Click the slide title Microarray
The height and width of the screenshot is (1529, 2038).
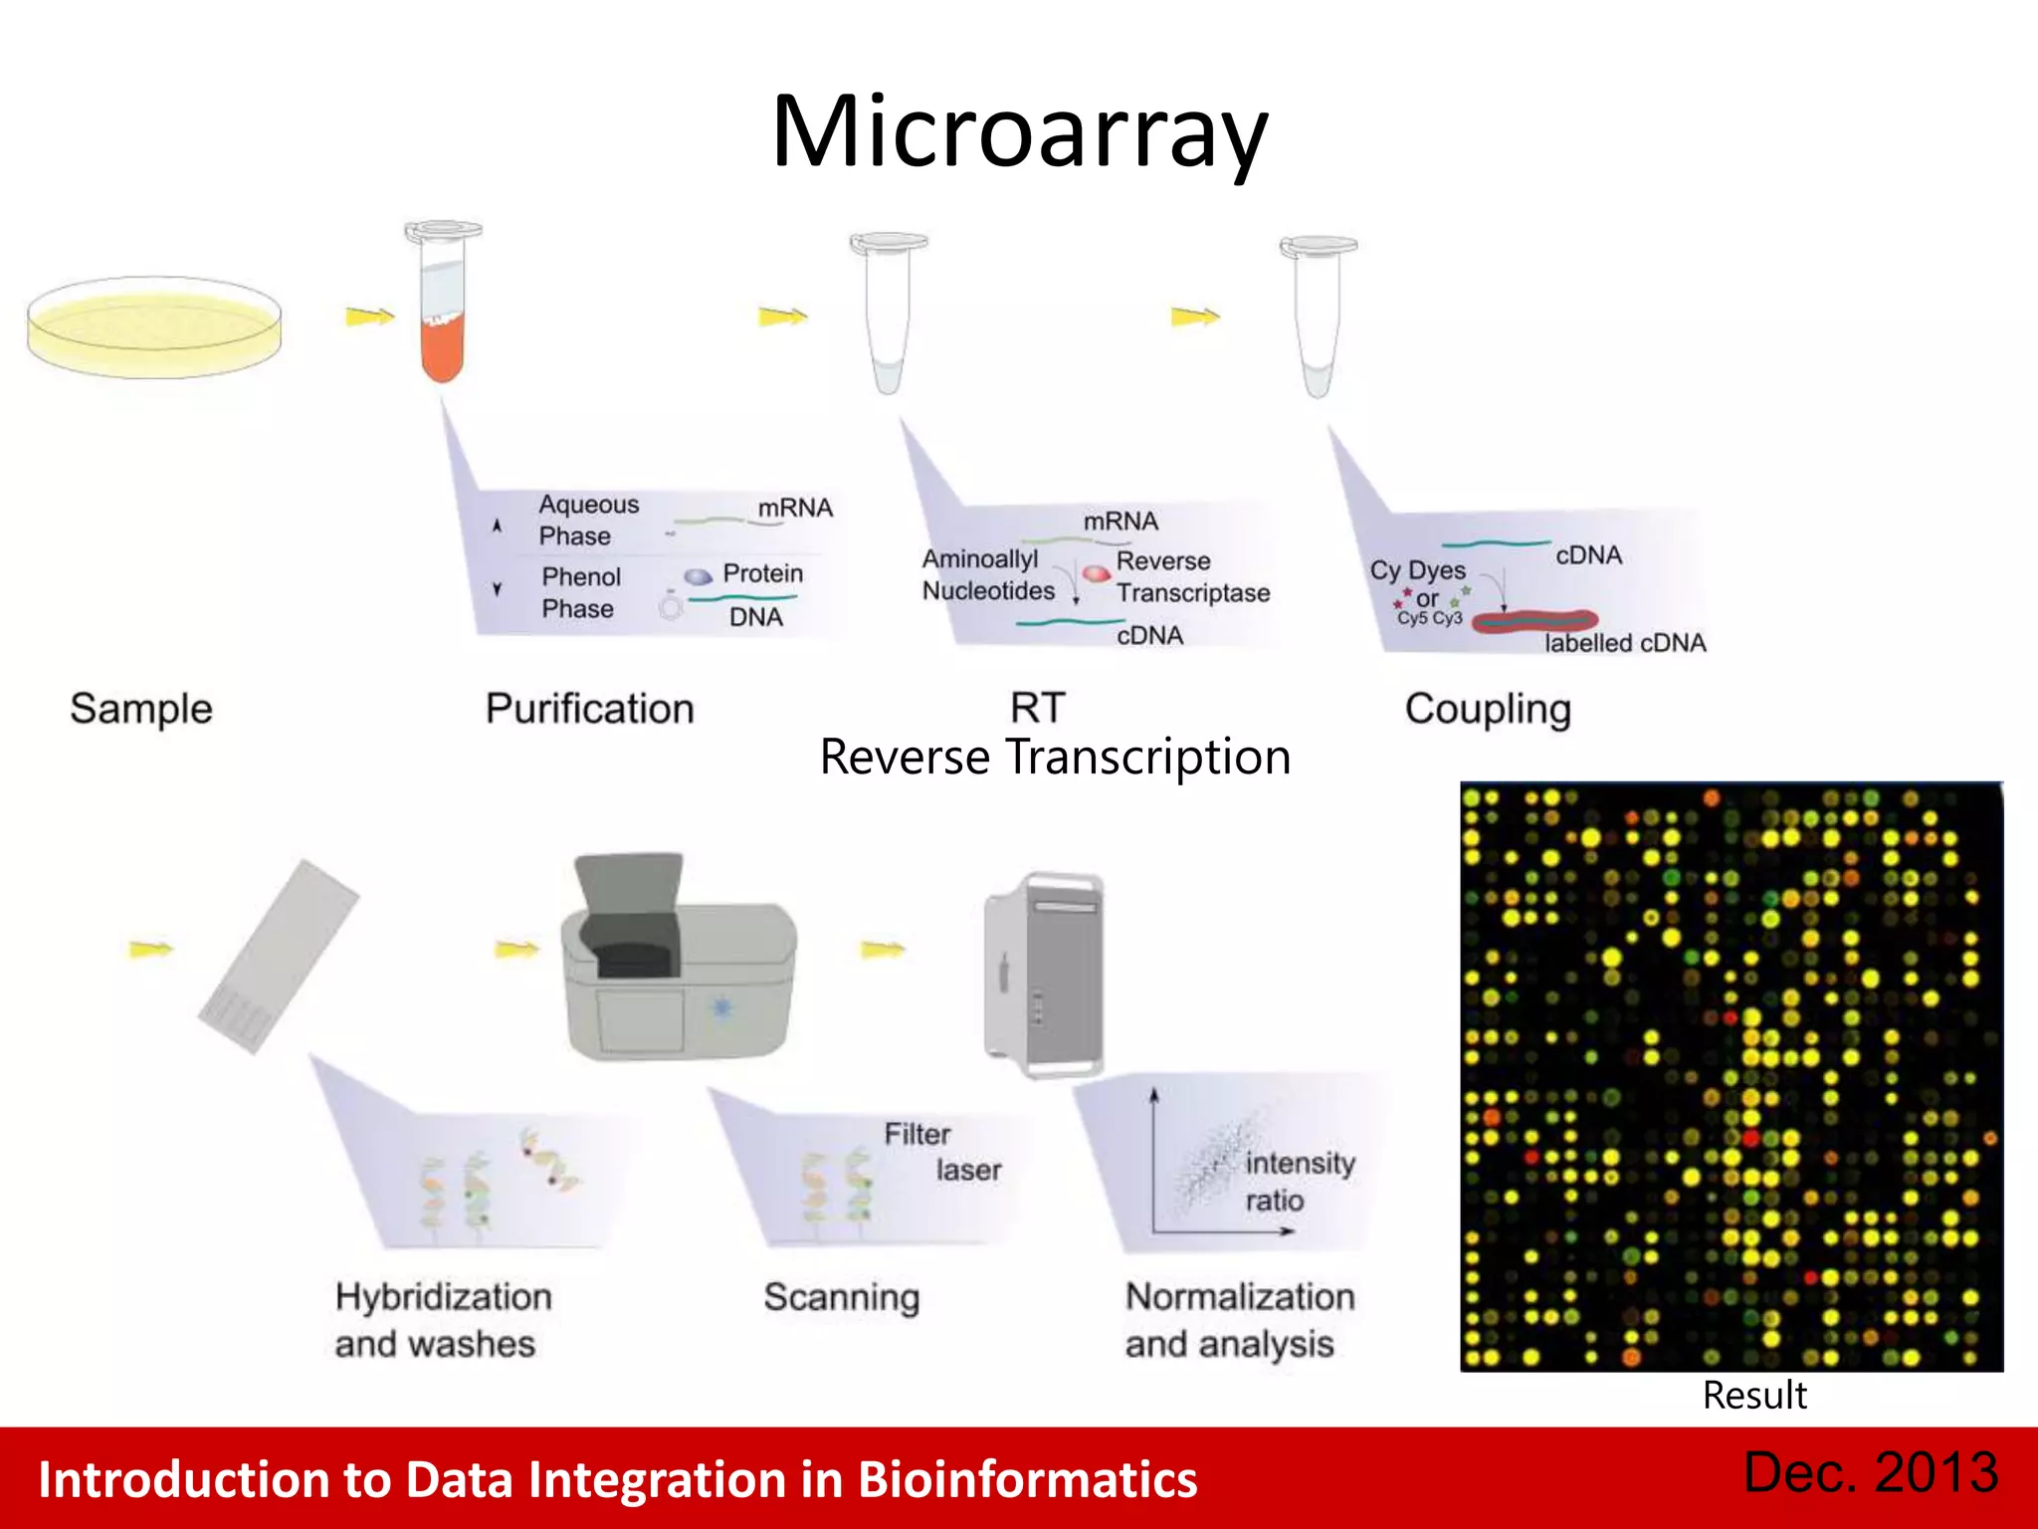pyautogui.click(x=1019, y=131)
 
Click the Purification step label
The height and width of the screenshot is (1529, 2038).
pyautogui.click(x=589, y=709)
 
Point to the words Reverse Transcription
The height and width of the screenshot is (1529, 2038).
pyautogui.click(x=1055, y=758)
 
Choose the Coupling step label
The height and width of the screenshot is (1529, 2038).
pyautogui.click(x=1488, y=709)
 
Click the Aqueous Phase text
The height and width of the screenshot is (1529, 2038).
pyautogui.click(x=587, y=520)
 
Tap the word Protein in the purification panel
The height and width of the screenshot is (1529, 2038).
pyautogui.click(x=762, y=573)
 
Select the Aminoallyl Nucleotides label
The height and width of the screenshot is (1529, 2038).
pyautogui.click(x=987, y=574)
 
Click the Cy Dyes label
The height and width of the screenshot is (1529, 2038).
pyautogui.click(x=1417, y=570)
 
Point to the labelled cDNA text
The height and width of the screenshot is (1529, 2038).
pyautogui.click(x=1624, y=643)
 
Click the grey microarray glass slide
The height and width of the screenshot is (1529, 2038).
pyautogui.click(x=279, y=956)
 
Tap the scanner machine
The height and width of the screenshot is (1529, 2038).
pyautogui.click(x=680, y=961)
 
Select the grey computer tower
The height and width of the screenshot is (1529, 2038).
pyautogui.click(x=1044, y=976)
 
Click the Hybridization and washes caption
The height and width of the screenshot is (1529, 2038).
pyautogui.click(x=443, y=1320)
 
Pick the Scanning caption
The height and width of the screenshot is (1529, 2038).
pyautogui.click(x=841, y=1297)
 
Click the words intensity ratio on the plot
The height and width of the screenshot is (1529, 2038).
pyautogui.click(x=1299, y=1182)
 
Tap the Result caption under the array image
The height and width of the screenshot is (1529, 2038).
pyautogui.click(x=1753, y=1396)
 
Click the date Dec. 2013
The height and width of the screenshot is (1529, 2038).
pyautogui.click(x=1871, y=1472)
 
